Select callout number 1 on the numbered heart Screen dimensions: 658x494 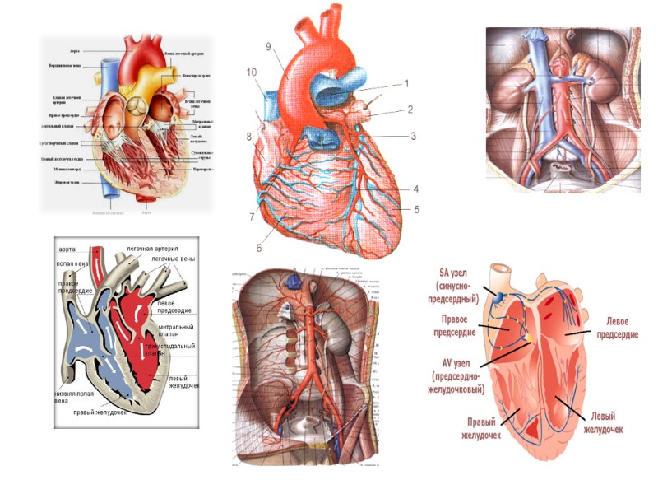click(406, 83)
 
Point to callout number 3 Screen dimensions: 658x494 click(414, 136)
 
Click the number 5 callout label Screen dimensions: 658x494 click(417, 209)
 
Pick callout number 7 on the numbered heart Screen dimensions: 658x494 click(253, 217)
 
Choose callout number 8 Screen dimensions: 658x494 click(248, 137)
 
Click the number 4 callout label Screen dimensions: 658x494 click(416, 189)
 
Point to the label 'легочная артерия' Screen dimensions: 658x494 click(152, 248)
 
